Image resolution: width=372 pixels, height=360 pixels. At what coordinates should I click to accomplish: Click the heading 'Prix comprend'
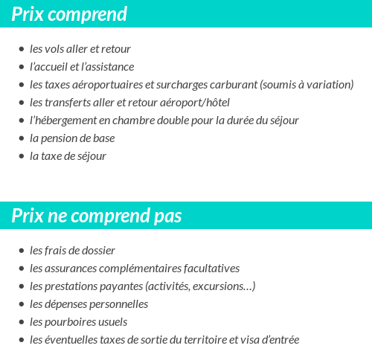point(69,14)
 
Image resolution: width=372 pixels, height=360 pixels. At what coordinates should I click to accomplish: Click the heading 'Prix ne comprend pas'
point(97,216)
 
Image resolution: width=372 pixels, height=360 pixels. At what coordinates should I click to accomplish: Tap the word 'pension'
point(60,138)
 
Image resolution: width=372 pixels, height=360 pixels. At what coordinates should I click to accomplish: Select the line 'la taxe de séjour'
point(68,156)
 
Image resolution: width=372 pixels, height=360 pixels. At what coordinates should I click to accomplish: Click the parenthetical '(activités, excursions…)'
point(200,286)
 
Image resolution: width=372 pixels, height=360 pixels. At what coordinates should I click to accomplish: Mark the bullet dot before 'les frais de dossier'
point(22,251)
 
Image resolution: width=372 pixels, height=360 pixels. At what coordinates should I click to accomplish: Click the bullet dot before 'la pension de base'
point(22,138)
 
